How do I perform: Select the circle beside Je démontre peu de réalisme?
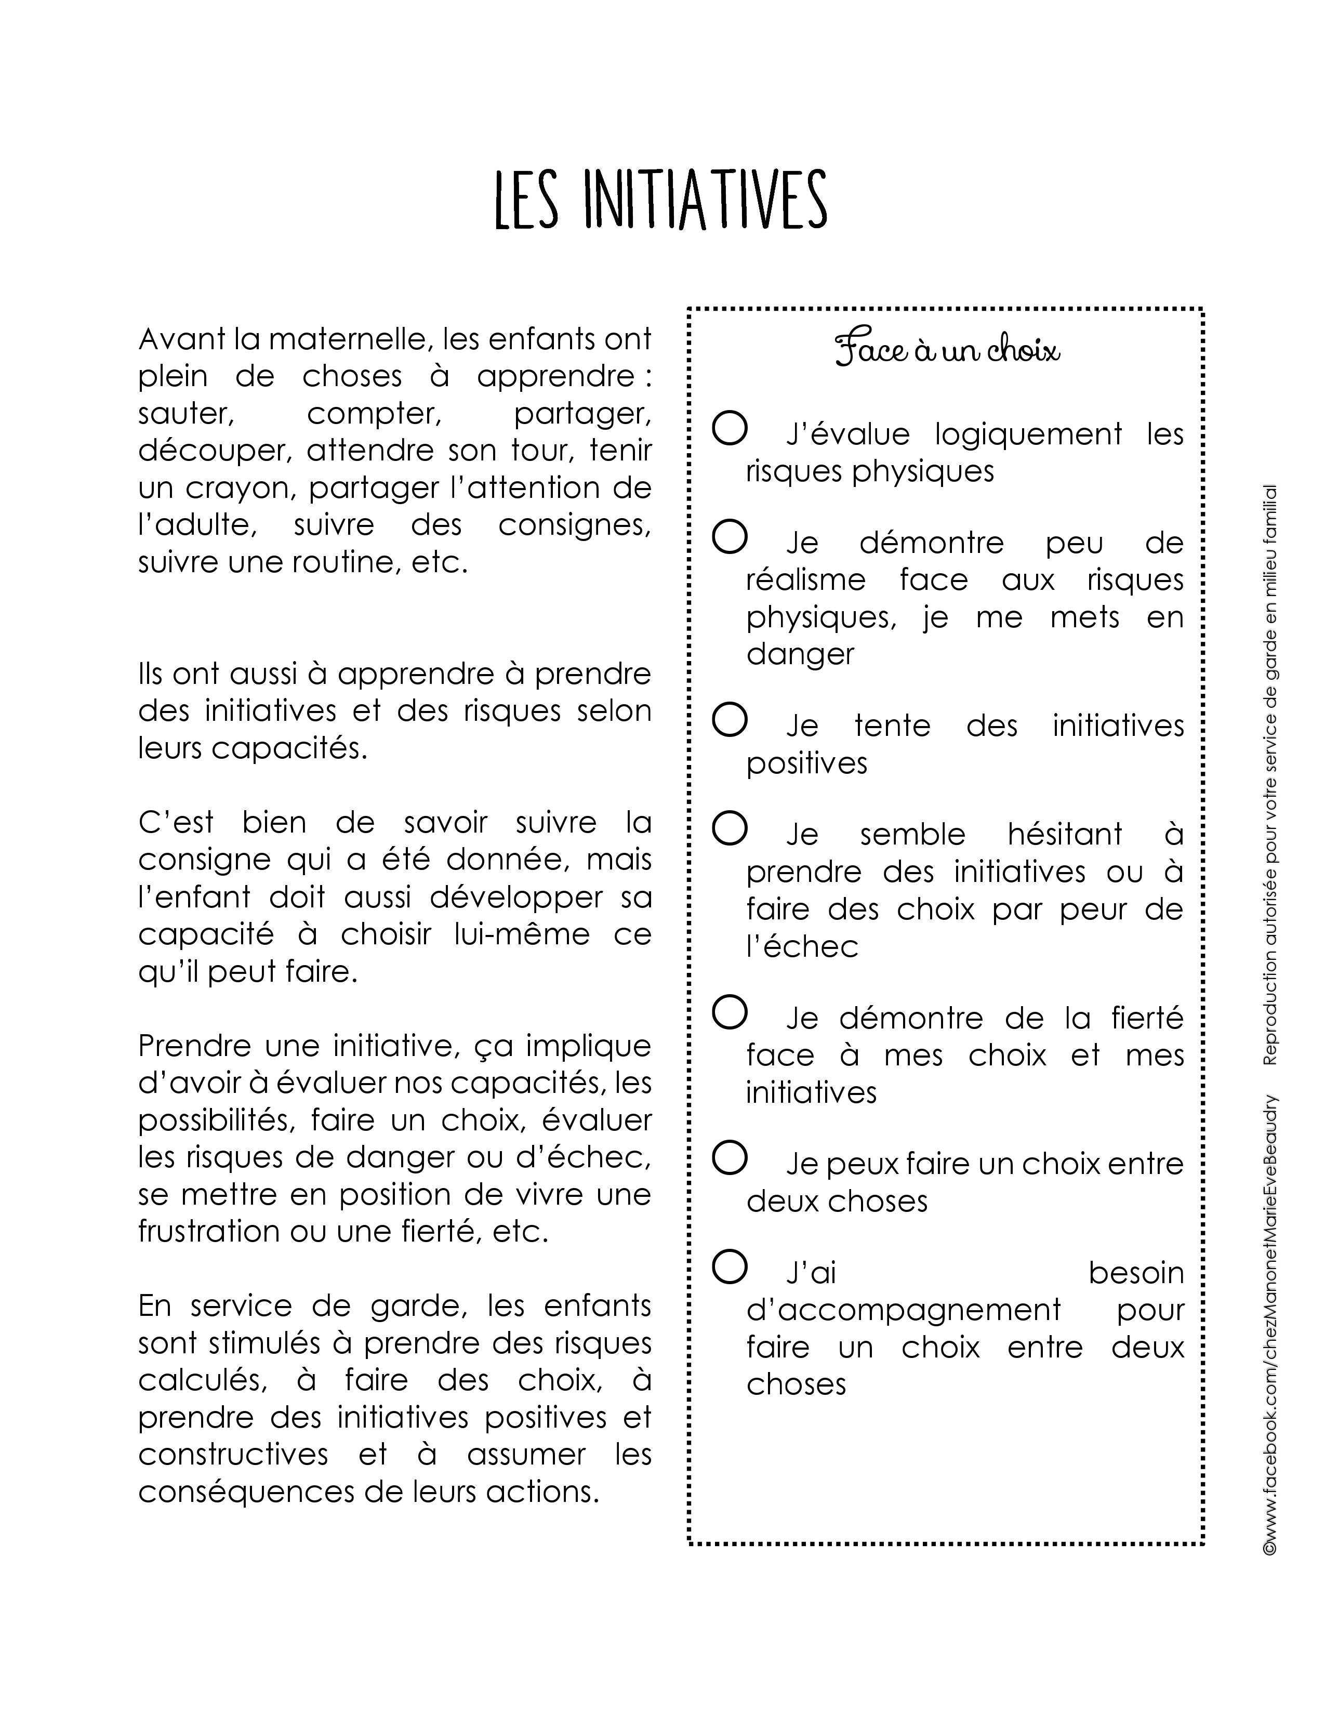coord(729,537)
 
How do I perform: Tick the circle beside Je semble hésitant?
coord(729,828)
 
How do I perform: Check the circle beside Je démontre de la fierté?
coord(729,1012)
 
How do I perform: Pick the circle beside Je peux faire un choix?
coord(729,1158)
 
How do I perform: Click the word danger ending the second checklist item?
coord(800,653)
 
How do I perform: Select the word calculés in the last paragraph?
coord(202,1380)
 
